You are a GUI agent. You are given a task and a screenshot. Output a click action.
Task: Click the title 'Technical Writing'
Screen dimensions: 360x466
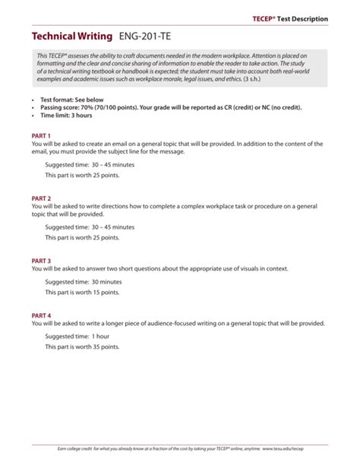(71, 36)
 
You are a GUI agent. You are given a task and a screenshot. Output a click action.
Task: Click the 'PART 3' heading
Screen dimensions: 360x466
(41, 260)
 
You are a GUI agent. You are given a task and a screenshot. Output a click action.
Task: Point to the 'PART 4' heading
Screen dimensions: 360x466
(41, 314)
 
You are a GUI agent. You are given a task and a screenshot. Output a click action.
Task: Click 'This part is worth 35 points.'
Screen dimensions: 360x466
(82, 347)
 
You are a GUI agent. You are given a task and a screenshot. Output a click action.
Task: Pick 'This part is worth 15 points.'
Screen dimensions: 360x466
(82, 293)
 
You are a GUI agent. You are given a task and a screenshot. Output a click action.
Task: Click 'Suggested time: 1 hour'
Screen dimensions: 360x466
(77, 335)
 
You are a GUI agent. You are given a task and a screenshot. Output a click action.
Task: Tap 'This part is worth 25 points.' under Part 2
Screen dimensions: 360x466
(82, 238)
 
